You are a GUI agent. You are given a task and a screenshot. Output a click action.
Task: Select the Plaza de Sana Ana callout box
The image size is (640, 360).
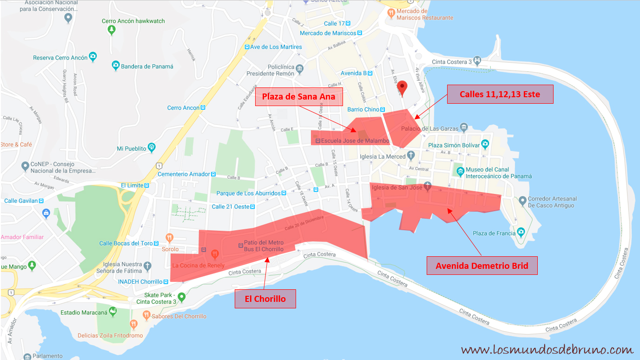point(299,97)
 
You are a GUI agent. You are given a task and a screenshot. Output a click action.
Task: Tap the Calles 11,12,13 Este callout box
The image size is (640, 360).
point(500,94)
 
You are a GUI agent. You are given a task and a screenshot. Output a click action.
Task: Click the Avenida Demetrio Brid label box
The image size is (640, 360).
point(482,266)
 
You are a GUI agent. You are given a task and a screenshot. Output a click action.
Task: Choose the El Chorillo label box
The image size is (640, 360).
point(265,299)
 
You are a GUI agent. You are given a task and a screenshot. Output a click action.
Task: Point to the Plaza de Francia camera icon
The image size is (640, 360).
point(521,232)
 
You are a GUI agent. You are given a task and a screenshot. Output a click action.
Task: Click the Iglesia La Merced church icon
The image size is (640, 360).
point(410,155)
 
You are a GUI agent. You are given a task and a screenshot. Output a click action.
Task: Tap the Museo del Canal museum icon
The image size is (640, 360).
point(460,172)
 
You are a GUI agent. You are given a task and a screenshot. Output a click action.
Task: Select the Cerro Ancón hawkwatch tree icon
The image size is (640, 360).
point(112,30)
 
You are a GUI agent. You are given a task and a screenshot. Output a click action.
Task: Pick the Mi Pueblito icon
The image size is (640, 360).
point(152,148)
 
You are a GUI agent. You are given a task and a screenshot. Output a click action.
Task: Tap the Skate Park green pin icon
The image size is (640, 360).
point(182,297)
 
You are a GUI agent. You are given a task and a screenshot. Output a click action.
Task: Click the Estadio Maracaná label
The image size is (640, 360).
point(84,313)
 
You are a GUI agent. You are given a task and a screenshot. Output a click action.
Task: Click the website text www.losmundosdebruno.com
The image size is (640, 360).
point(547,350)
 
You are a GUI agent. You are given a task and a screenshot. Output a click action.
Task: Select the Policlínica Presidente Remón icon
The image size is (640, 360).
point(300,69)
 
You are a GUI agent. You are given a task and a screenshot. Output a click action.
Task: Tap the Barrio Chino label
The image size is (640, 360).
point(363,110)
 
